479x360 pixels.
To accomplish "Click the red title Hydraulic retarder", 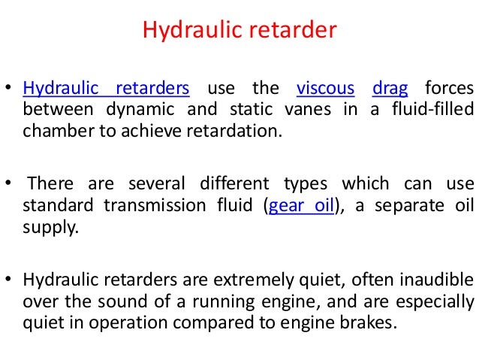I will pyautogui.click(x=239, y=31).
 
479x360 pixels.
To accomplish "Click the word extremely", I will pyautogui.click(x=259, y=281).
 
